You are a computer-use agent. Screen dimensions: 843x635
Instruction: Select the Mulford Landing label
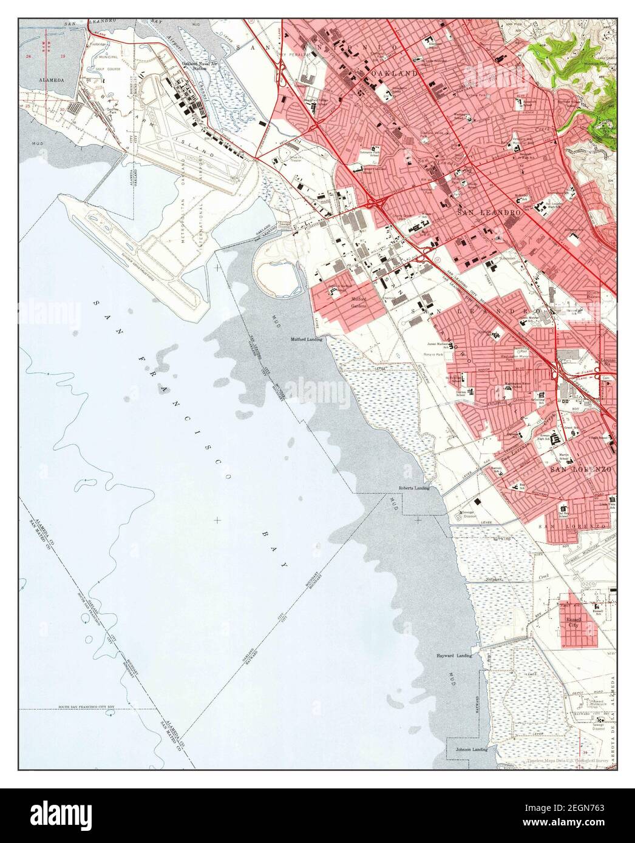(305, 340)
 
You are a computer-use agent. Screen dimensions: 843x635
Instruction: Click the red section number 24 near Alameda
(28, 55)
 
